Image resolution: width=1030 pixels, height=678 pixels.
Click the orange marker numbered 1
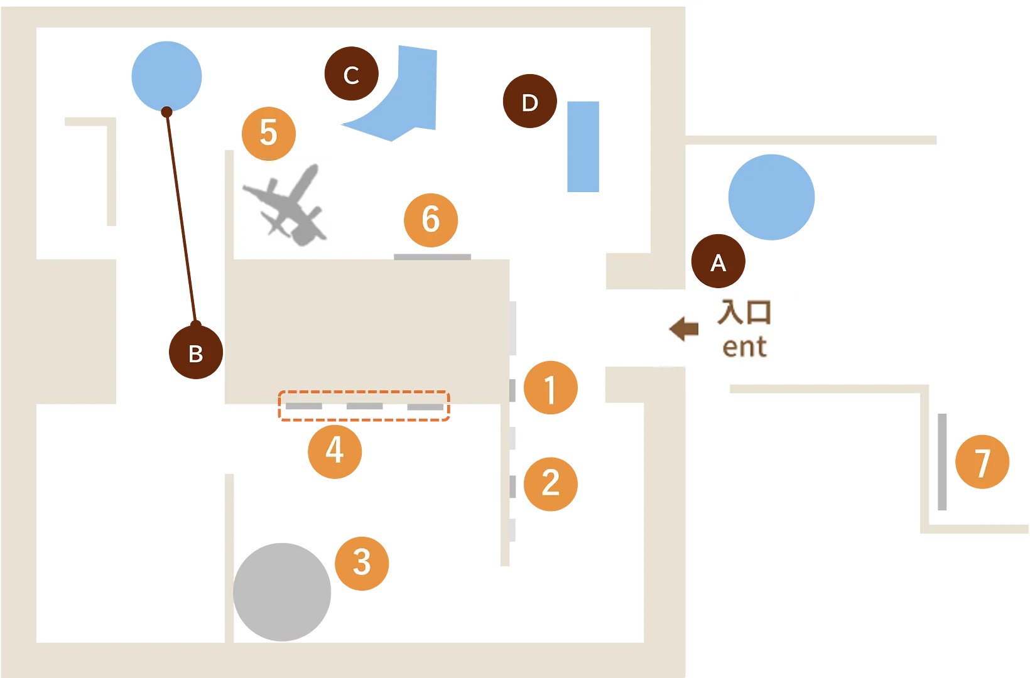[550, 388]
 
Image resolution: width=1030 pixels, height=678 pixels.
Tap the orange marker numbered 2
[550, 482]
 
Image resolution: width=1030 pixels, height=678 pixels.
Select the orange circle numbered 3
[361, 561]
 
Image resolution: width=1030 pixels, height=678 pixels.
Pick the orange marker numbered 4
[335, 449]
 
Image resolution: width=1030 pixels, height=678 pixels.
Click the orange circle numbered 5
[269, 132]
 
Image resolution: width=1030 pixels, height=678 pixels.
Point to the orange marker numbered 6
[431, 218]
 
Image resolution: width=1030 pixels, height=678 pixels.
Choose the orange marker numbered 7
[982, 461]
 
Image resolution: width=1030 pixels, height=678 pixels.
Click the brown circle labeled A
[718, 262]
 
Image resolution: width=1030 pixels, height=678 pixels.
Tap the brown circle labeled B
[195, 353]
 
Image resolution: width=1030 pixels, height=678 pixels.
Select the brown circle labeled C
[351, 75]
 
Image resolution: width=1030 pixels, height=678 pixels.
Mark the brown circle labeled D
[529, 102]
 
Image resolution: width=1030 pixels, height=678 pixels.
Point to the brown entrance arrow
[683, 328]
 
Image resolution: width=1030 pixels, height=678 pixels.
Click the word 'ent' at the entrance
[744, 347]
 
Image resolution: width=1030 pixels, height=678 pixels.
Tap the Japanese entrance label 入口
[744, 311]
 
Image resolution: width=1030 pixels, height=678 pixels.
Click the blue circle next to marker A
[771, 196]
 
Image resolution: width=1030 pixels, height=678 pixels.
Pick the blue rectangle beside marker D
[583, 146]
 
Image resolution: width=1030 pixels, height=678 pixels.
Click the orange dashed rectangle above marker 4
[364, 406]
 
